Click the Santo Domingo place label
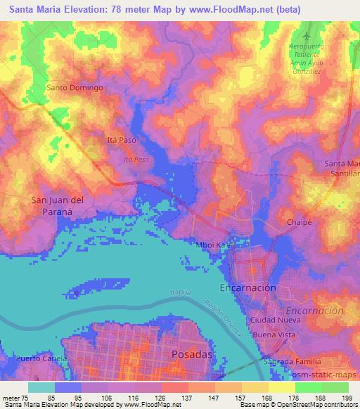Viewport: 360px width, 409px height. click(x=75, y=88)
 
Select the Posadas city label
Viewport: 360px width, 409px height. click(x=191, y=355)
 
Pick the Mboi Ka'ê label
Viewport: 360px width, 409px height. click(x=214, y=245)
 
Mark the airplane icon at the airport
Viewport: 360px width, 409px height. click(x=305, y=34)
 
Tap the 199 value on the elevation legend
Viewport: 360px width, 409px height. click(x=346, y=398)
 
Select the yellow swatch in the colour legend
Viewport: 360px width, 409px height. click(x=282, y=387)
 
